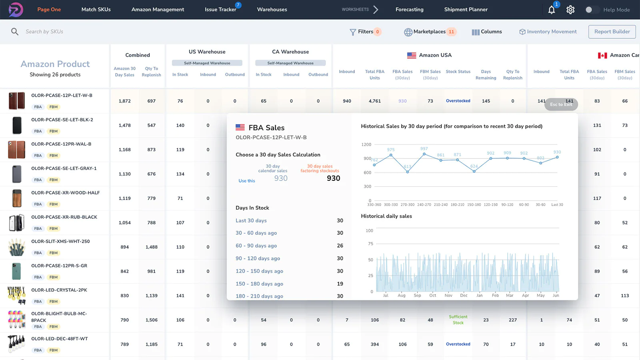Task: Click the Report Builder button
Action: tap(612, 32)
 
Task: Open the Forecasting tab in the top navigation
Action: tap(409, 10)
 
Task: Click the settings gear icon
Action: tap(570, 10)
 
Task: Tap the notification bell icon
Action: tap(552, 10)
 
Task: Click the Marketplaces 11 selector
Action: tap(430, 32)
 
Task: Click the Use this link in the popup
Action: tap(246, 181)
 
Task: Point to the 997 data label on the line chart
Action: tap(424, 148)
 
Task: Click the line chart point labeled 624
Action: tap(474, 171)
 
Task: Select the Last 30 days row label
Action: tap(251, 220)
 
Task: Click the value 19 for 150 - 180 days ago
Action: tap(340, 284)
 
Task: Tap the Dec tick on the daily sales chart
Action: tap(464, 296)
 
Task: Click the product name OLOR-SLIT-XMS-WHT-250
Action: tap(60, 241)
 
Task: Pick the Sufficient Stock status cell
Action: tap(458, 320)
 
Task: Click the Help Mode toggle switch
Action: tap(592, 10)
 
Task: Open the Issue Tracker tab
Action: tap(220, 10)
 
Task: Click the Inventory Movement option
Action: tap(548, 32)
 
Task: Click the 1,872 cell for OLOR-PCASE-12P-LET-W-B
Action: tap(124, 101)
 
